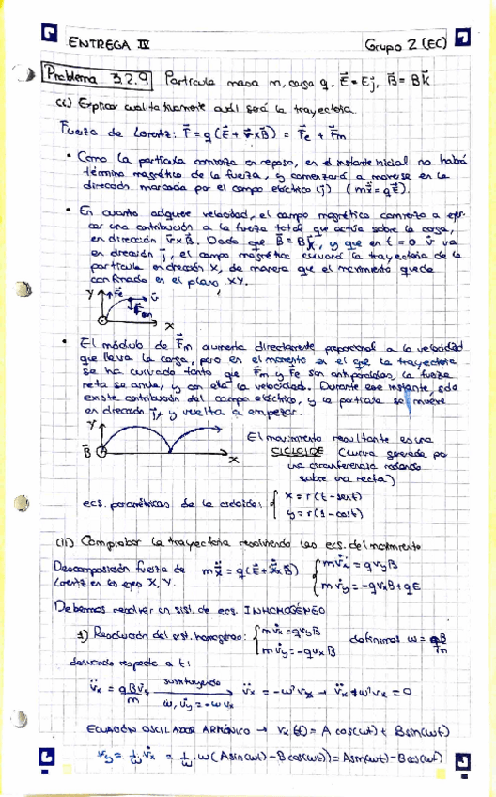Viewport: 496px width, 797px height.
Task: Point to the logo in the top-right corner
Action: (x=461, y=37)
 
